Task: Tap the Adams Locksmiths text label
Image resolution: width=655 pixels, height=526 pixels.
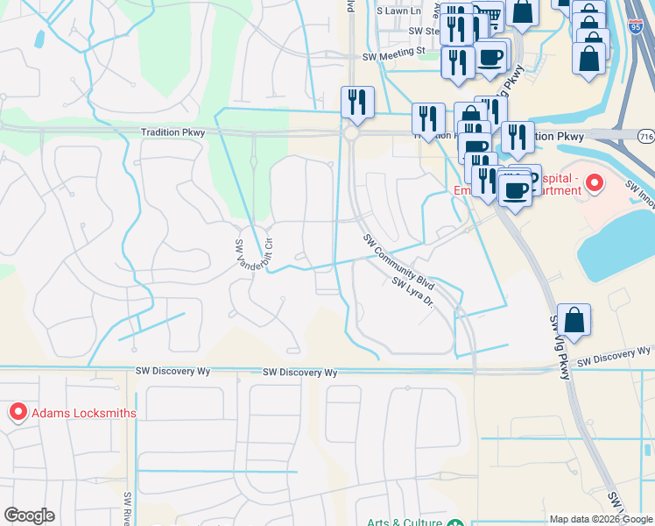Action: click(84, 412)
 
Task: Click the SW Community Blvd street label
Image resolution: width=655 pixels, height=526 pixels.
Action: click(399, 261)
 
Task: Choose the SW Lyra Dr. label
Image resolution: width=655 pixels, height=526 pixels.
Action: click(413, 294)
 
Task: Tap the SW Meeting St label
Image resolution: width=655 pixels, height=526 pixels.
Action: click(394, 52)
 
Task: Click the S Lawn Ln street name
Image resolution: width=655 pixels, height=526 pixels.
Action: click(399, 11)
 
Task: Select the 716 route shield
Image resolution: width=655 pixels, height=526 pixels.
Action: click(646, 137)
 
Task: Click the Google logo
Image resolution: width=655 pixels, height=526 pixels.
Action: click(29, 515)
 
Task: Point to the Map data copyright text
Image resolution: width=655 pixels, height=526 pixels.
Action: click(601, 519)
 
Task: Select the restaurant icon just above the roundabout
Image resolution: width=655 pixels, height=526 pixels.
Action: click(357, 102)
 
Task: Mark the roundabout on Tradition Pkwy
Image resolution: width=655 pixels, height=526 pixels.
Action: click(352, 134)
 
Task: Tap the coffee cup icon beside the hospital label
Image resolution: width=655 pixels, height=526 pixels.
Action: click(516, 188)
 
